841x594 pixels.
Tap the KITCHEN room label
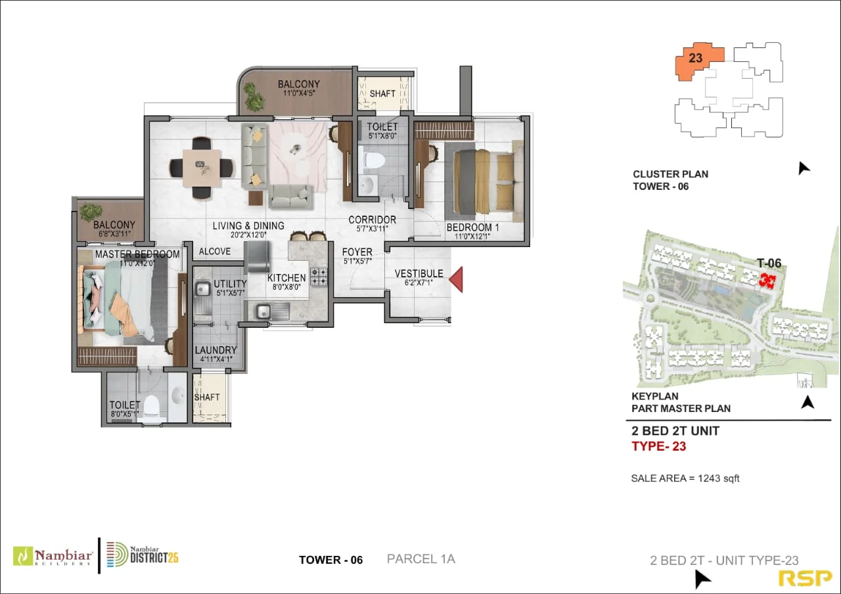[x=286, y=278]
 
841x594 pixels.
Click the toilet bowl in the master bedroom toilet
[x=152, y=405]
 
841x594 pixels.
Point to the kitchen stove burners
[x=318, y=277]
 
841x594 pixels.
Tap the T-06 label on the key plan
[x=769, y=263]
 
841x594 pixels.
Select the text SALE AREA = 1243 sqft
[x=685, y=478]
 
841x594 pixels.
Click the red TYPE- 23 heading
[x=658, y=447]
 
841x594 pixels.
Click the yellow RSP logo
[x=805, y=578]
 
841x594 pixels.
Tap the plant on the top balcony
[x=254, y=98]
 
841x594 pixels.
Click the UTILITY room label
[x=230, y=284]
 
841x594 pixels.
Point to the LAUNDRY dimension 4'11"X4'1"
[x=216, y=359]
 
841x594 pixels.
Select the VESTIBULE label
[x=419, y=273]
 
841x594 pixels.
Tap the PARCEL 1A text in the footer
[x=420, y=559]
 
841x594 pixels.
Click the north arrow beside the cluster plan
[x=803, y=168]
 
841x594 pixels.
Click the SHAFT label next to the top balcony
[x=382, y=94]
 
